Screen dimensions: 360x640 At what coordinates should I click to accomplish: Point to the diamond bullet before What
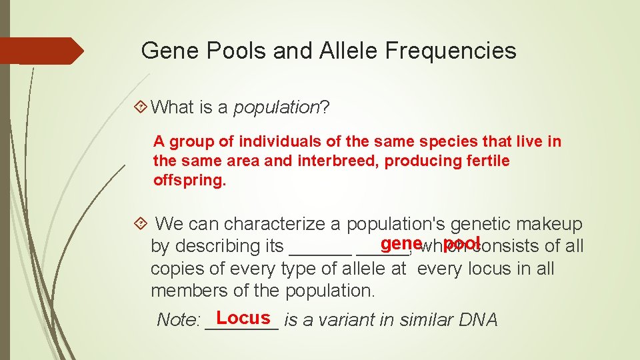tap(141, 107)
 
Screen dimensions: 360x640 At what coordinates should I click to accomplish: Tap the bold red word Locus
tap(243, 318)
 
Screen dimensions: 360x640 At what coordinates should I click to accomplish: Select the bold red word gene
tap(402, 243)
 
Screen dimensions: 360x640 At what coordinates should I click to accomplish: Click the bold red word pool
tap(462, 243)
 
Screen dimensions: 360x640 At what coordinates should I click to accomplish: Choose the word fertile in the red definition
tap(486, 161)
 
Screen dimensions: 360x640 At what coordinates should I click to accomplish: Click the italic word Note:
tap(178, 320)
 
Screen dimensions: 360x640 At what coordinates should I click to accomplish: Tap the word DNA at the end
tap(478, 320)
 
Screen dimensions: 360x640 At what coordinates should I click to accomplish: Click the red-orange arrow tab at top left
tap(43, 51)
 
